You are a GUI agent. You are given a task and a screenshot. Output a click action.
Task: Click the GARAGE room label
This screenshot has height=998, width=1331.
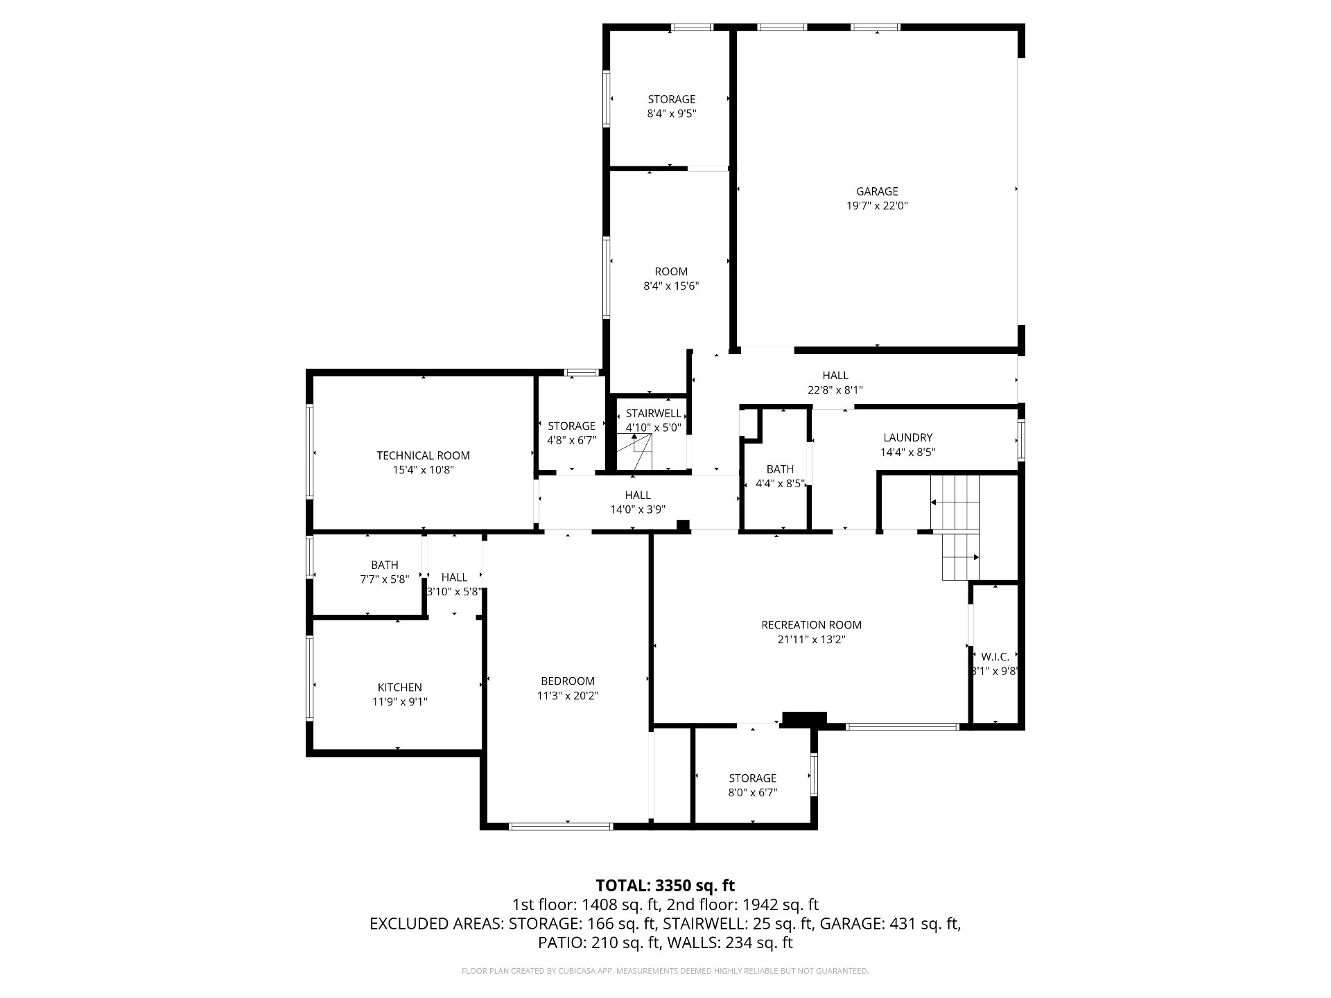coord(877,191)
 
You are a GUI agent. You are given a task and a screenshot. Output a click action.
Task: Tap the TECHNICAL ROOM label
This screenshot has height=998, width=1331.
coord(423,455)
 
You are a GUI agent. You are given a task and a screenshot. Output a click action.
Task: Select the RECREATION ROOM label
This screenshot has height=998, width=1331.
coord(811,625)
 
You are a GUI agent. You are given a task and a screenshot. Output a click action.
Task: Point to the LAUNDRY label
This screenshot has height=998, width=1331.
coord(907,437)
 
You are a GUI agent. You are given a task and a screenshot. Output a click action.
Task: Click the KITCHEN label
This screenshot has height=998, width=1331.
coord(399,688)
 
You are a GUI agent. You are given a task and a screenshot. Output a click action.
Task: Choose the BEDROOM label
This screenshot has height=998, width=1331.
coord(568,681)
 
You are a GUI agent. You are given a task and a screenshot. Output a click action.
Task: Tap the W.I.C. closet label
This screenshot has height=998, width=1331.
coord(995,656)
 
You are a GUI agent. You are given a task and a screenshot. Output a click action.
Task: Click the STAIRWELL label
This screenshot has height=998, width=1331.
coord(653,413)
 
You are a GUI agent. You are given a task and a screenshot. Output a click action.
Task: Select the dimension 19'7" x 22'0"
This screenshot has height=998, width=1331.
coord(877,206)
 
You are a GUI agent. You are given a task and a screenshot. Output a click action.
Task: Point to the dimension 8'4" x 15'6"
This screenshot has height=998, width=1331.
coord(671,286)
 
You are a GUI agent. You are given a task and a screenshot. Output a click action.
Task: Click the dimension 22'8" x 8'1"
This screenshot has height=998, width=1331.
coord(835,390)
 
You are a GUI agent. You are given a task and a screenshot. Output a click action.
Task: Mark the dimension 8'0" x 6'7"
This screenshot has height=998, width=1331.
coord(753,792)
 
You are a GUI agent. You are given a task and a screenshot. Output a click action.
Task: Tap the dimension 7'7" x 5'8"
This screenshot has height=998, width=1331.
coord(385,579)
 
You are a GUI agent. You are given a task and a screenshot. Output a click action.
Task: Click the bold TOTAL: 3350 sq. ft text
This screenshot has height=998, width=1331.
coord(665,885)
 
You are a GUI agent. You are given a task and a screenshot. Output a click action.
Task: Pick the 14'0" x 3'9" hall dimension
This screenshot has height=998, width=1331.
coord(638,509)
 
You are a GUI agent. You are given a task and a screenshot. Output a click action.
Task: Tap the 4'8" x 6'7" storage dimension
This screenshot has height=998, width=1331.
coord(572,440)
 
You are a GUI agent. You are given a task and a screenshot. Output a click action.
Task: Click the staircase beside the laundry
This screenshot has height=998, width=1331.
coord(955,527)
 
